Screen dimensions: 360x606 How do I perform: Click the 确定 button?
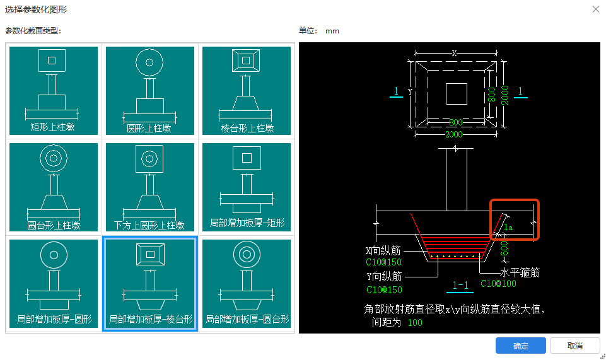tap(520, 345)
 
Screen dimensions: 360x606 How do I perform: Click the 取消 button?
tap(574, 345)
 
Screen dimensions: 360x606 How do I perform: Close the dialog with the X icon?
tap(595, 9)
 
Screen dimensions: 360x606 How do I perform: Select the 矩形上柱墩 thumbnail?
tap(53, 90)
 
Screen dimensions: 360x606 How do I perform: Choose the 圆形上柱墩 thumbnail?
tap(149, 90)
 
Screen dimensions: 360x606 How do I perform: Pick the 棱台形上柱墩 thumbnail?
tap(247, 90)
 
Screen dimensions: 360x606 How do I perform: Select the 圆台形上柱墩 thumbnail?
tap(53, 187)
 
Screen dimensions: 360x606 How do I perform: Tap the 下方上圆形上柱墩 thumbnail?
tap(149, 187)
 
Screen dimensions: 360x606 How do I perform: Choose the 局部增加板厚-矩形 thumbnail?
tap(247, 187)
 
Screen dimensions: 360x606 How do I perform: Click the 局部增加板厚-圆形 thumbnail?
tap(53, 283)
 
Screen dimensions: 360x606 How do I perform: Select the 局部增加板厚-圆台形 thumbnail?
tap(247, 283)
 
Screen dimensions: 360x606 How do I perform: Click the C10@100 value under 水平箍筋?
tap(498, 284)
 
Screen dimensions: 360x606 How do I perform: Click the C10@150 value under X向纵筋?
tap(383, 262)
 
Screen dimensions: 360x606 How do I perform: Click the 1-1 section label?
tap(460, 286)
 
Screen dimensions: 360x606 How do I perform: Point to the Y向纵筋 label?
tap(383, 276)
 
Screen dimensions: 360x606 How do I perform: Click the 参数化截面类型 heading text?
tap(33, 30)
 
